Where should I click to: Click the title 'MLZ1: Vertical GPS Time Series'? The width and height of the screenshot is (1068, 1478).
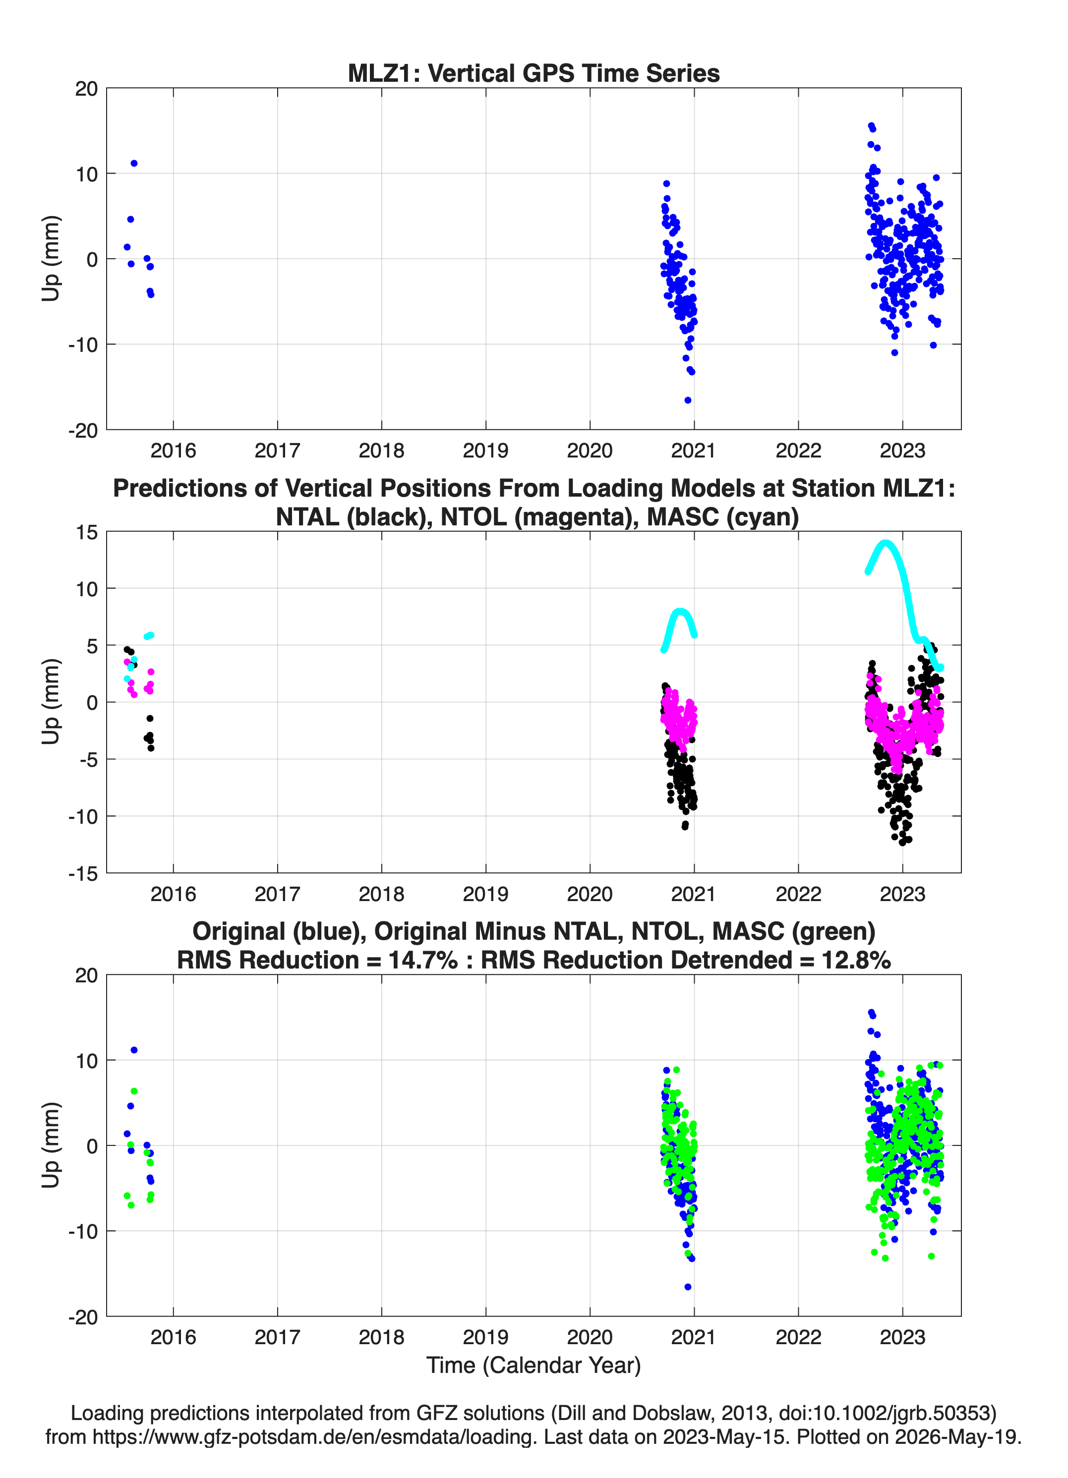534,73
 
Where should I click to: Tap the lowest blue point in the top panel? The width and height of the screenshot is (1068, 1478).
688,400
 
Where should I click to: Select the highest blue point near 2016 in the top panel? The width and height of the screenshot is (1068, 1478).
134,164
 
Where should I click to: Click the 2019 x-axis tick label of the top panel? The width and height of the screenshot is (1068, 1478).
486,451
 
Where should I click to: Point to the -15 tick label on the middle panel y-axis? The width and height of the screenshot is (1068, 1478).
83,873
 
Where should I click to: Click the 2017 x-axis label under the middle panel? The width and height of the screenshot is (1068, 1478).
277,894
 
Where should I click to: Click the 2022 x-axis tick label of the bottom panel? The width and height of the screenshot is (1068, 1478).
798,1337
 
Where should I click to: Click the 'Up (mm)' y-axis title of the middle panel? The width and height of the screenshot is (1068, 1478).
51,702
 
